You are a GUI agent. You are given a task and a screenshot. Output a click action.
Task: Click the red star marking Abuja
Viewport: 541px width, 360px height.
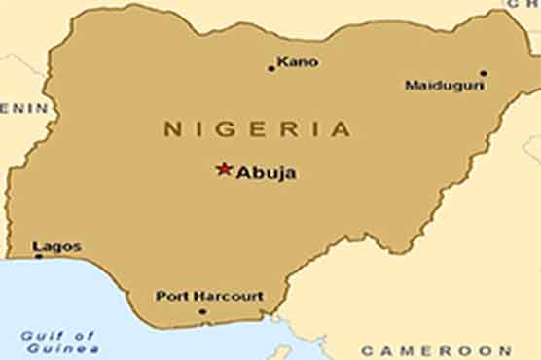click(x=224, y=170)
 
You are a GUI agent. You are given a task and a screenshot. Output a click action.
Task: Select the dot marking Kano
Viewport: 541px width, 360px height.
click(x=271, y=68)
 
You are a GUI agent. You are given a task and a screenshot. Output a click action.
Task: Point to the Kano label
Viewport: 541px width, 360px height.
click(x=298, y=62)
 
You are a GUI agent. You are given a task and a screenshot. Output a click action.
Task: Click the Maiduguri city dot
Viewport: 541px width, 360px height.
click(x=483, y=73)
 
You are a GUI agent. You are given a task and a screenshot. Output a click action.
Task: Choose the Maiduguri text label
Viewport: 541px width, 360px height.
click(x=445, y=86)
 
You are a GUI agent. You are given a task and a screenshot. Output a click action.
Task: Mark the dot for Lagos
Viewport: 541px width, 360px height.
click(x=39, y=257)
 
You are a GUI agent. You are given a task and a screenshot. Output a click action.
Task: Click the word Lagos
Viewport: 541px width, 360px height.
click(x=56, y=247)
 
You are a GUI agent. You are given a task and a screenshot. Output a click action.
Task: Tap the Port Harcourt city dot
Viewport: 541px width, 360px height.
click(x=202, y=311)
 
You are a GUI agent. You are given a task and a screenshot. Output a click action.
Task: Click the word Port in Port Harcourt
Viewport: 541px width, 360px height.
click(x=171, y=296)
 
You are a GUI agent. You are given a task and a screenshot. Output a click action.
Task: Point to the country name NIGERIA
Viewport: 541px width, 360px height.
click(x=256, y=128)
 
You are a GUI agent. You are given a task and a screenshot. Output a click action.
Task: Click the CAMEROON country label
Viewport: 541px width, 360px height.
click(x=435, y=350)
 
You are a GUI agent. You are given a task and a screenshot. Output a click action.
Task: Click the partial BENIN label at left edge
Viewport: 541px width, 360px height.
click(x=23, y=108)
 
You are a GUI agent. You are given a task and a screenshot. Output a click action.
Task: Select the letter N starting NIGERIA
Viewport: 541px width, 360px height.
click(x=170, y=128)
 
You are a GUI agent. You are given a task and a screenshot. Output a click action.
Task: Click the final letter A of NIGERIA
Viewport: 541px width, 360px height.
click(x=341, y=128)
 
